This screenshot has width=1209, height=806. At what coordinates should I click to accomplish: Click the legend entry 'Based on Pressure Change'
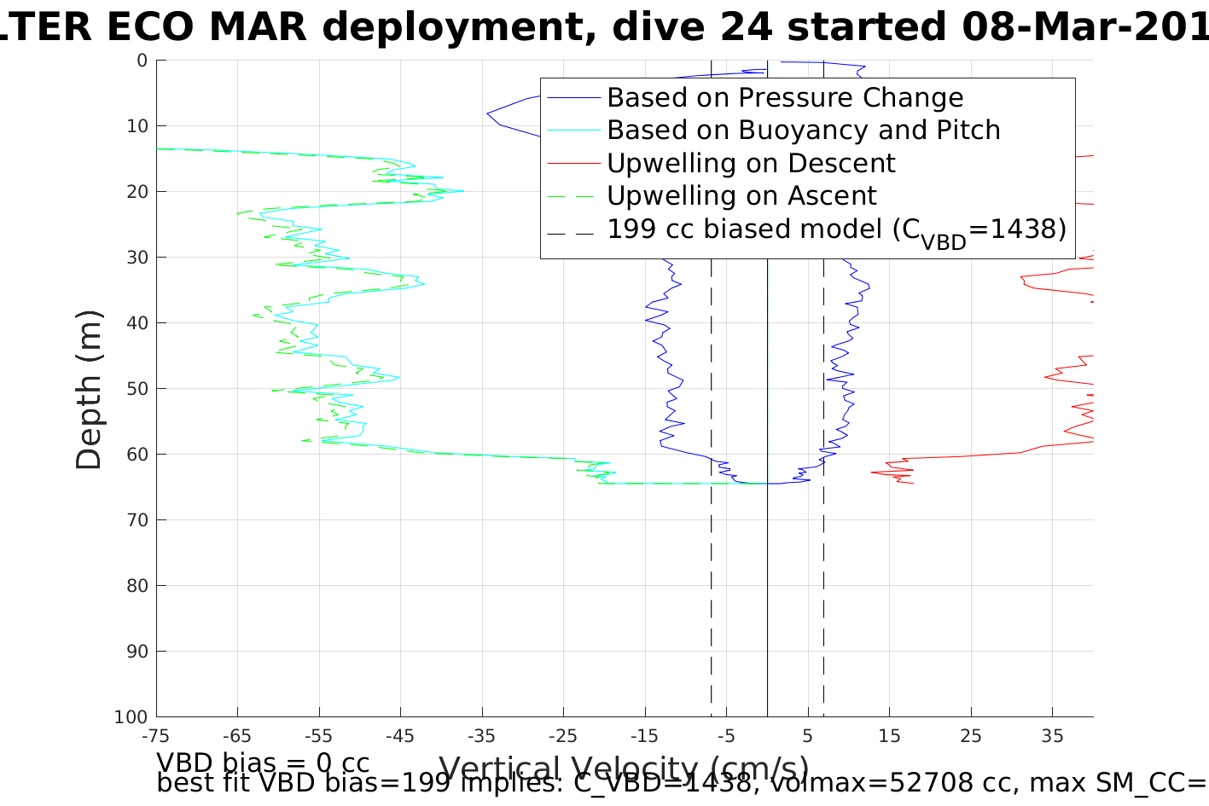(785, 98)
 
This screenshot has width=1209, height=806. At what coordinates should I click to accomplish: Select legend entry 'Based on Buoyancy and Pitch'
(803, 130)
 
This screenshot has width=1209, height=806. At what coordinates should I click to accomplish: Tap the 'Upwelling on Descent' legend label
(751, 163)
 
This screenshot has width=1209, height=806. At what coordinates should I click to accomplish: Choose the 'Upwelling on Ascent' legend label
(741, 196)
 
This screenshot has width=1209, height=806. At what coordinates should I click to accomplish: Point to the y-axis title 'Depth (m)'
(89, 389)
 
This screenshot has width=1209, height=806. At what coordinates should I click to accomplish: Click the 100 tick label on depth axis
(130, 717)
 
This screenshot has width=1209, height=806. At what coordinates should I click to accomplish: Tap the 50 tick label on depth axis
(135, 389)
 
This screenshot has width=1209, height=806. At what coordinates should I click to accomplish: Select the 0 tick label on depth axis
(141, 61)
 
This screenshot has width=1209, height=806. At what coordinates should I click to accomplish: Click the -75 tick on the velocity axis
(156, 736)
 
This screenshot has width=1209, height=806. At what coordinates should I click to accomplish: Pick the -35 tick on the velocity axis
(481, 736)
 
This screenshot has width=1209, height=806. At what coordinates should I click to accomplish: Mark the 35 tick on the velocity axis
(1052, 736)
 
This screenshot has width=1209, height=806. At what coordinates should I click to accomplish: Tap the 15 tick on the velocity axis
(889, 736)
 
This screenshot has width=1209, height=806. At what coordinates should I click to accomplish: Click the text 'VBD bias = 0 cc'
(263, 762)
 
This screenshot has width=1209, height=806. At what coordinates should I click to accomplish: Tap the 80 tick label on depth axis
(135, 586)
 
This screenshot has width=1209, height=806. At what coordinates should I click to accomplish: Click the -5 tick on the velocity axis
(725, 736)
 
